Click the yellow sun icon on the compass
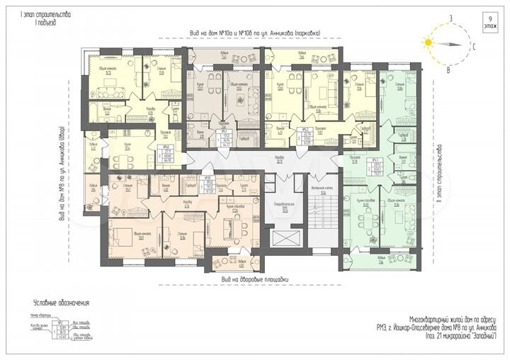point(427,43)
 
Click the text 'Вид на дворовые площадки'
point(255,279)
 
